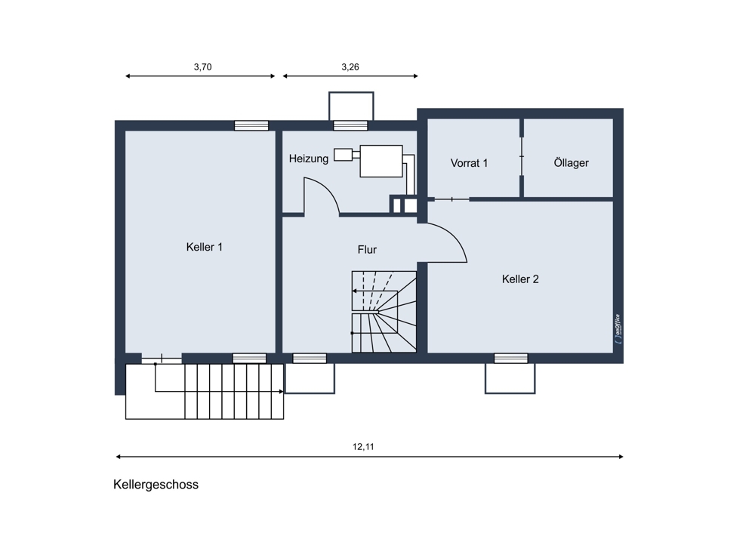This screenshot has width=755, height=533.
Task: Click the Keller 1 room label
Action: [204, 247]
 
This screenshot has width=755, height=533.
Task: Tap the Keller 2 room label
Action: [520, 279]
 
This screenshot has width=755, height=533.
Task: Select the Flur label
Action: [367, 250]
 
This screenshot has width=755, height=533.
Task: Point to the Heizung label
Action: [309, 159]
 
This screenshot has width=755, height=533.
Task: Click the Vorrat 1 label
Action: [469, 163]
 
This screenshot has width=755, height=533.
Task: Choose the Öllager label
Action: [571, 163]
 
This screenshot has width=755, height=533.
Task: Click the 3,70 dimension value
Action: [202, 67]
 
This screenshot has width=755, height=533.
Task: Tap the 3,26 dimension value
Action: [350, 67]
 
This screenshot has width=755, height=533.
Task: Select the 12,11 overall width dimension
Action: [363, 447]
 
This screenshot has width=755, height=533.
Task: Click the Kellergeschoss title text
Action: [156, 485]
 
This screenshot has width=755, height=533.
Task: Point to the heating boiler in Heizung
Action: [381, 161]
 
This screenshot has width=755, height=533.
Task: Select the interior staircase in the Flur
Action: [384, 312]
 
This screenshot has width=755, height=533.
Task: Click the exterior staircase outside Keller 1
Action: [205, 391]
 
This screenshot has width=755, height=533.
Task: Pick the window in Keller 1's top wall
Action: [251, 126]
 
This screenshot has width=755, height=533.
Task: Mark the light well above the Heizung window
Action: [351, 106]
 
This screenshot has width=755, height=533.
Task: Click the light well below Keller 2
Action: [510, 378]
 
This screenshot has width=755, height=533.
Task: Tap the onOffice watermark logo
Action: [618, 329]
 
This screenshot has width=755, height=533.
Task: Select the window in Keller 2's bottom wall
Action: [511, 359]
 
